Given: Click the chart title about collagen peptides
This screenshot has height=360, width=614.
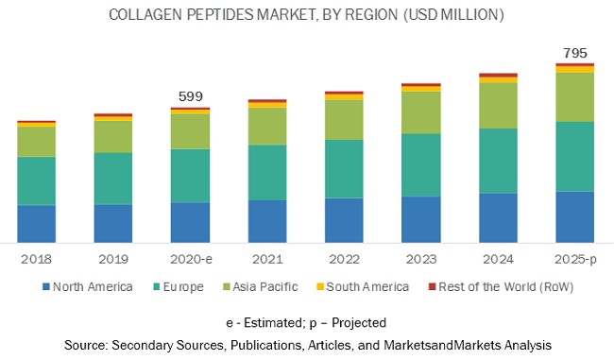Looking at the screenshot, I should [306, 15].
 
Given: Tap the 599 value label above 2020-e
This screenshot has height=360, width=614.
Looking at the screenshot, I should [191, 96].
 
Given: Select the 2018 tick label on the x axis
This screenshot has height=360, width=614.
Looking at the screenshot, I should [37, 256].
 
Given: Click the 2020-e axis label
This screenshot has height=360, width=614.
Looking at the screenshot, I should [191, 256].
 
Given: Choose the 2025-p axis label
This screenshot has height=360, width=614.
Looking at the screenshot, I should [574, 256].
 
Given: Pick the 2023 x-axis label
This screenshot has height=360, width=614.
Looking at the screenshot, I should [420, 256].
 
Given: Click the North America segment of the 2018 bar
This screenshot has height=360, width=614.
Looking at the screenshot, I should [37, 223].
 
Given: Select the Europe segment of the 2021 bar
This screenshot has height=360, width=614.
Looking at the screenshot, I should [267, 172].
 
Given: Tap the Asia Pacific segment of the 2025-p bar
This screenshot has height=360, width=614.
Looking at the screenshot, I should [574, 96].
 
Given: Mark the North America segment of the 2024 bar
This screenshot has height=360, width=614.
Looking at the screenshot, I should [498, 217].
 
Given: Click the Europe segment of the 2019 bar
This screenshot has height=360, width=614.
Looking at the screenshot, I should [113, 178].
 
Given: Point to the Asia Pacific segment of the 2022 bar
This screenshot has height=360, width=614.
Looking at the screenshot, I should [344, 119].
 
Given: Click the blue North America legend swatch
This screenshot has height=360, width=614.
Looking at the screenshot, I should [45, 286].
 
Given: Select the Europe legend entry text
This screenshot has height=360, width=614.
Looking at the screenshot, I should [181, 286].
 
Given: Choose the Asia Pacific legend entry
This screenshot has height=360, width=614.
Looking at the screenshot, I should [264, 286].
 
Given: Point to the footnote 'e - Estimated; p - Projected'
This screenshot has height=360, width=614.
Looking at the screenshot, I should [306, 323].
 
